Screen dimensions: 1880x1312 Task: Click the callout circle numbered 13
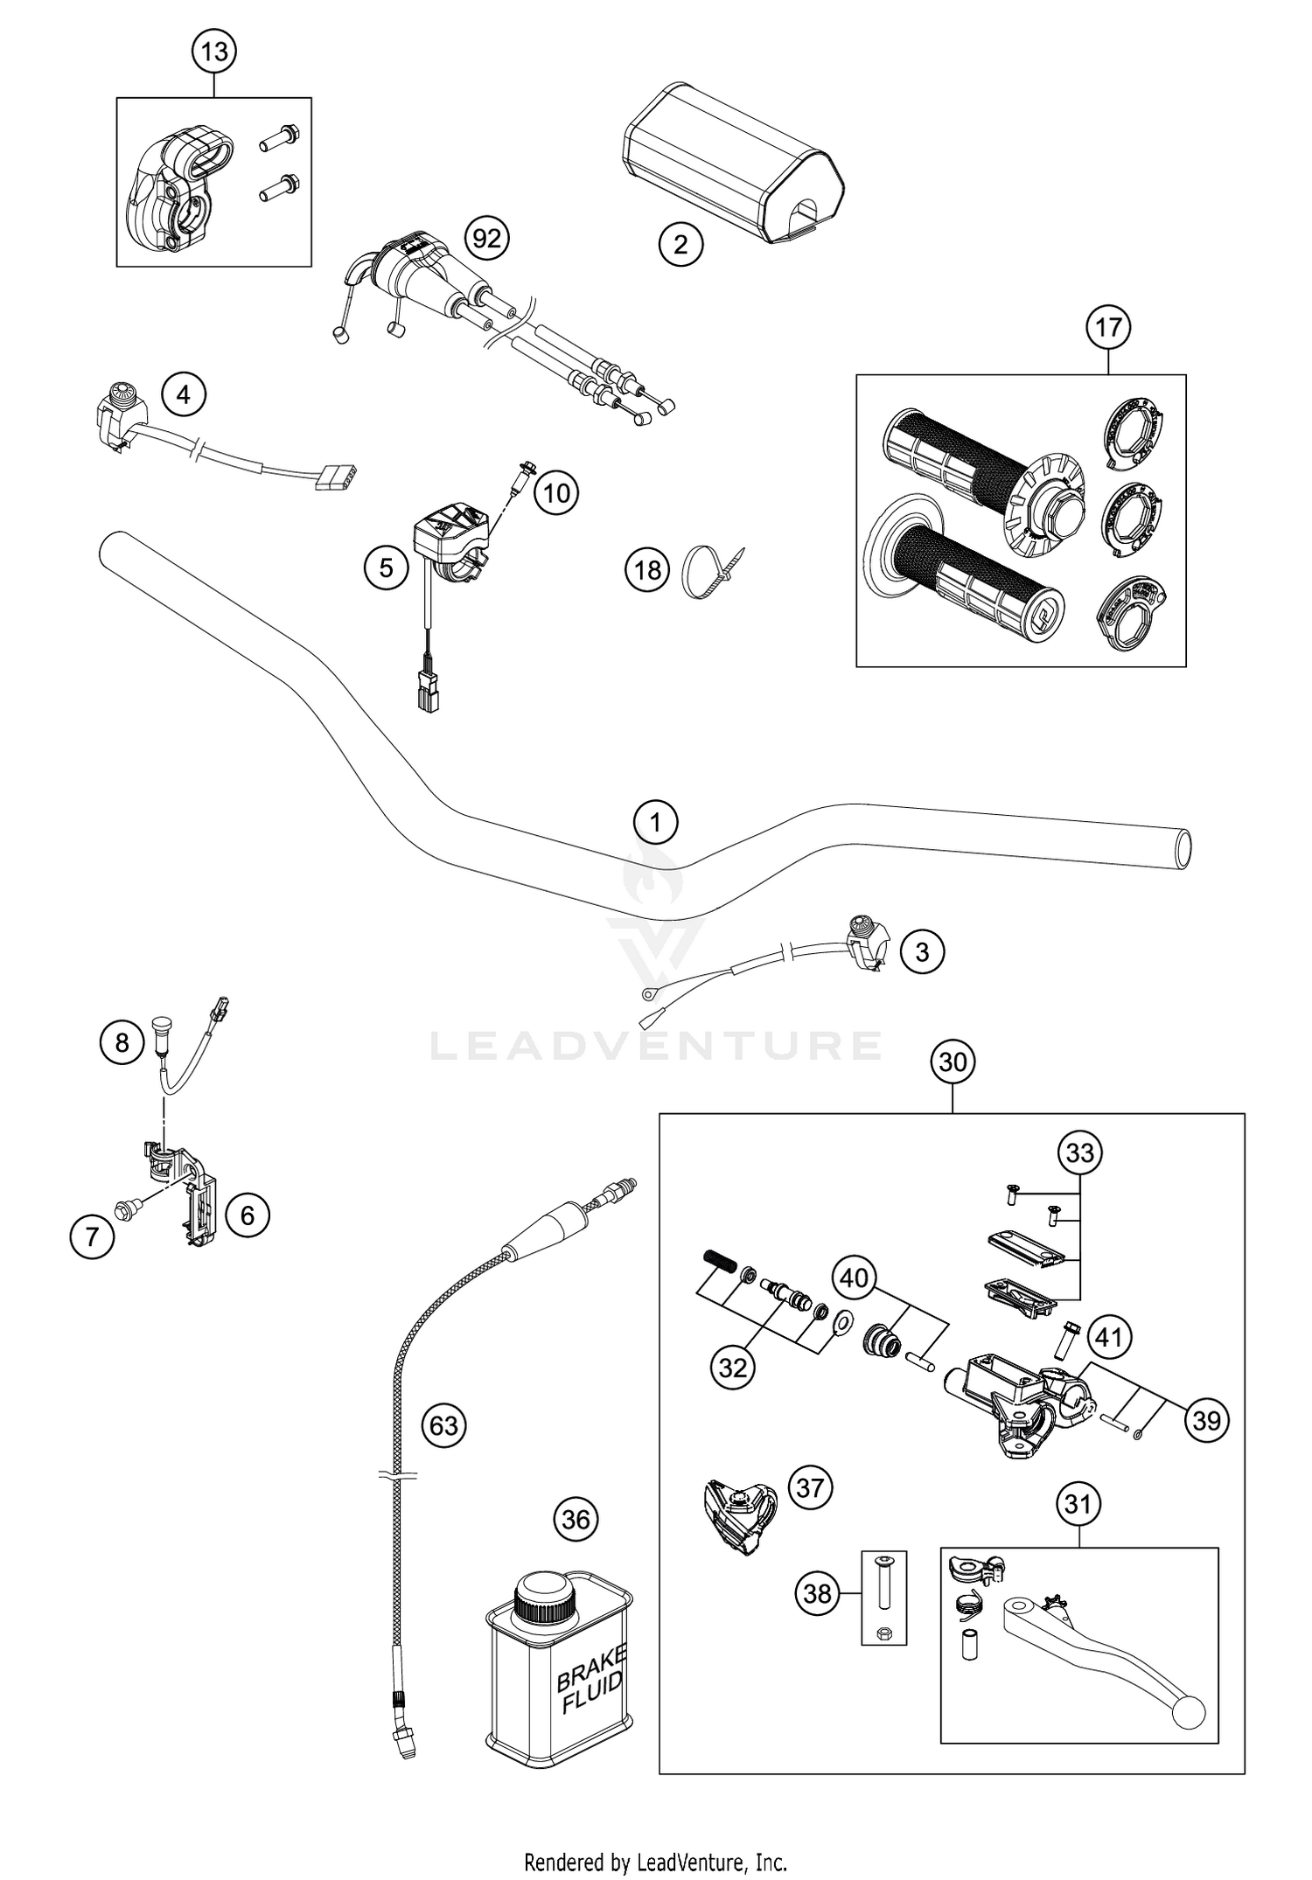click(x=214, y=52)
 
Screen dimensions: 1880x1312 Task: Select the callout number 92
click(x=486, y=239)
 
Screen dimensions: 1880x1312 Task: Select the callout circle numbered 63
click(x=443, y=1425)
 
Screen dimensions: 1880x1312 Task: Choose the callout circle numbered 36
click(x=576, y=1520)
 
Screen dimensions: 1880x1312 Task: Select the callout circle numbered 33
click(x=1079, y=1153)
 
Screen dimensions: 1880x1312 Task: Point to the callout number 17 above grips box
click(x=1108, y=328)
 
